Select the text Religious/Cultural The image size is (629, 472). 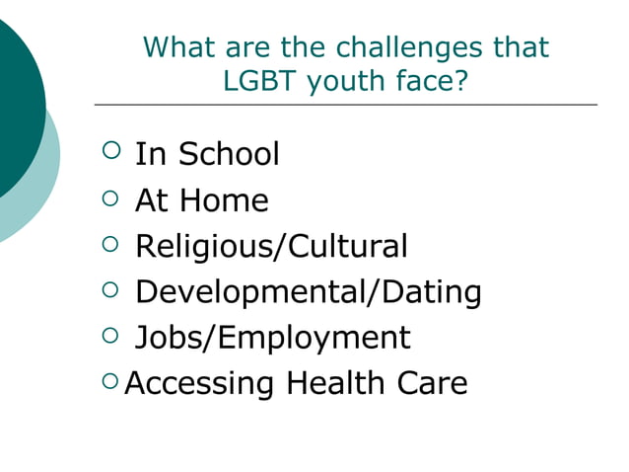[x=271, y=246]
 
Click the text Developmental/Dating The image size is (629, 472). [x=308, y=292]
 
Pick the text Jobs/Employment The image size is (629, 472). [x=272, y=338]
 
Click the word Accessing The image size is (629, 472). [x=201, y=383]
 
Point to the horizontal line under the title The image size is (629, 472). [x=345, y=105]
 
